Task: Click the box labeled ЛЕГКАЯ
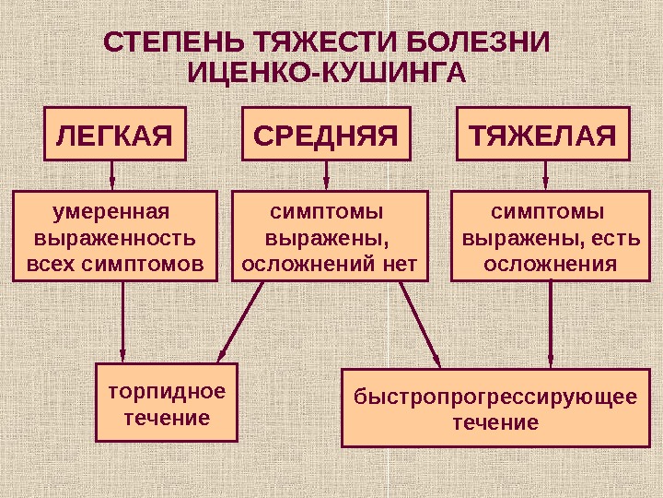pyautogui.click(x=115, y=136)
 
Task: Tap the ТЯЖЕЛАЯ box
pyautogui.click(x=543, y=136)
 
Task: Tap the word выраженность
pyautogui.click(x=114, y=239)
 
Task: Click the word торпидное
pyautogui.click(x=167, y=391)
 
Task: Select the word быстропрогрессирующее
pyautogui.click(x=495, y=397)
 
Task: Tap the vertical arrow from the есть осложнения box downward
pyautogui.click(x=551, y=323)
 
